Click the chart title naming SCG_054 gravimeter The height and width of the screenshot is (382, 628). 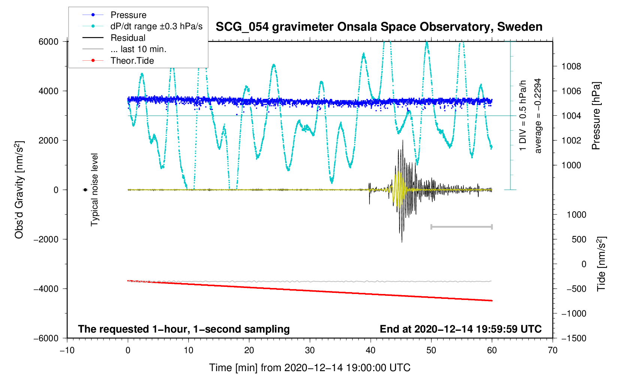pos(379,27)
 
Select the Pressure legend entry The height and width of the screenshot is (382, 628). pos(128,15)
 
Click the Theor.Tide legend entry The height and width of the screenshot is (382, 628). pos(132,61)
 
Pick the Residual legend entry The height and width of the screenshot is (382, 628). pos(128,38)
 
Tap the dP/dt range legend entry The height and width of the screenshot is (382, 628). pos(156,26)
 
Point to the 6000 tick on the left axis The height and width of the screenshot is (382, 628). pos(49,42)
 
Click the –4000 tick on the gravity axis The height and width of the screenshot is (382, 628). pos(46,289)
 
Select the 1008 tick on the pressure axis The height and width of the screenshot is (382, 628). pos(571,67)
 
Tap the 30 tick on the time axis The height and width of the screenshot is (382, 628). pos(310,351)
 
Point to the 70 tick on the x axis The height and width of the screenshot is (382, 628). pos(553,351)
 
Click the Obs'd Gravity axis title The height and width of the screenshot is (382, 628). pos(19,190)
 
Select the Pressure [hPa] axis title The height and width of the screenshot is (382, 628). pos(596,116)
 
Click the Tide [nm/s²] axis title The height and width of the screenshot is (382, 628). pos(601,264)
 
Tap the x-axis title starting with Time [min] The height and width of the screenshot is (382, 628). pos(310,368)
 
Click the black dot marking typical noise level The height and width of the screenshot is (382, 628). pos(85,190)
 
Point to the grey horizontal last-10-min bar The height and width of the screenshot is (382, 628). pos(462,227)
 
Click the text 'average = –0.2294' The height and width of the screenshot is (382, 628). pos(538,116)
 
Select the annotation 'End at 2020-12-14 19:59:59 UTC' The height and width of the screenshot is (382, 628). pos(461,329)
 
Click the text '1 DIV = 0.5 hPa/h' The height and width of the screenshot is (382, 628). pos(523,116)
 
